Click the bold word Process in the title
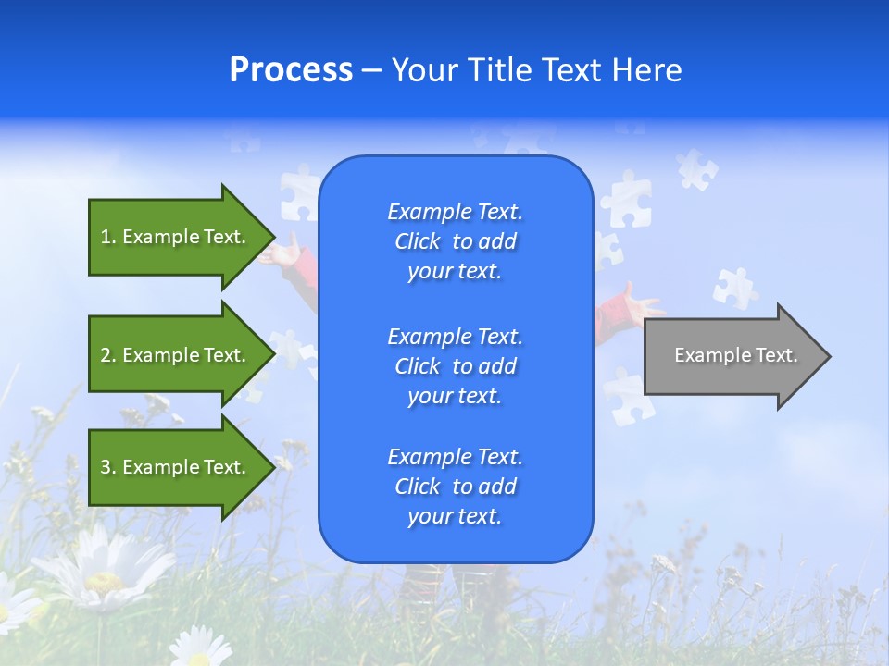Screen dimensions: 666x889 tap(291, 70)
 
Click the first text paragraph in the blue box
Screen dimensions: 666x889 tap(455, 241)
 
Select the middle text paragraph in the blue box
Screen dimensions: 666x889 tap(455, 366)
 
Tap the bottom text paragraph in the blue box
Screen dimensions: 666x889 tap(455, 487)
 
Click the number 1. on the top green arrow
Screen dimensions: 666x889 tap(108, 237)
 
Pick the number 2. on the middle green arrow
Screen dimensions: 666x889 tap(108, 355)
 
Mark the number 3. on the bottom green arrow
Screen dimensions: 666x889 tap(108, 467)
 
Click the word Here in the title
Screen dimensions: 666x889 tap(647, 70)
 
